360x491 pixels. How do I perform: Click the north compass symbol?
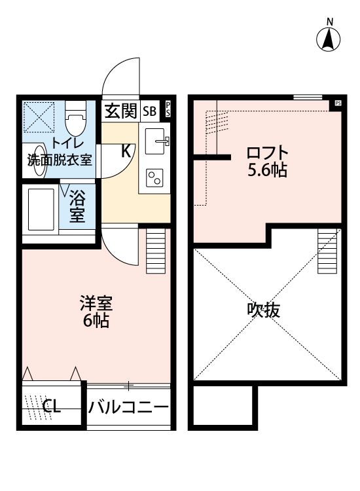(x=329, y=39)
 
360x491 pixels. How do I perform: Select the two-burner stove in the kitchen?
(x=155, y=177)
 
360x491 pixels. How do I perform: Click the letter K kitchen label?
(x=126, y=150)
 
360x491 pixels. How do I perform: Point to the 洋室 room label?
(x=96, y=304)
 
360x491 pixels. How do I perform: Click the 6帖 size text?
(x=96, y=321)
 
